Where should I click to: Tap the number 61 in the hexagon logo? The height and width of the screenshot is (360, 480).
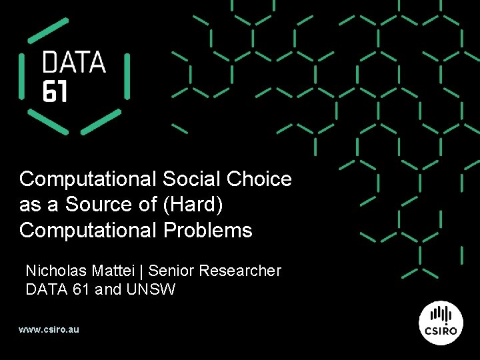[x=55, y=91]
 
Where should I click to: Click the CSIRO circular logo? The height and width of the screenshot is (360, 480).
[x=441, y=322]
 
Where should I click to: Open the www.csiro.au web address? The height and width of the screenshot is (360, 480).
[x=49, y=329]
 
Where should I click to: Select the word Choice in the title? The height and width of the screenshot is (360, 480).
[x=259, y=179]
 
